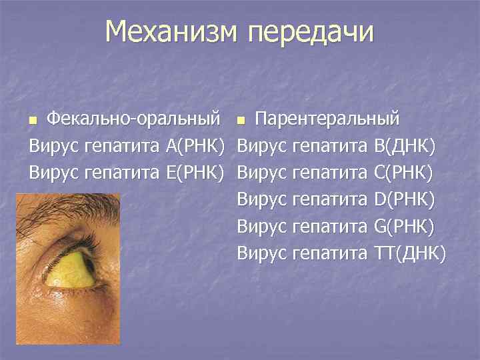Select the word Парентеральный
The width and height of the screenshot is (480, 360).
click(x=328, y=119)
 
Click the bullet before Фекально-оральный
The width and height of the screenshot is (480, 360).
click(x=32, y=121)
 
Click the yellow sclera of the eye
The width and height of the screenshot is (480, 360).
click(x=67, y=271)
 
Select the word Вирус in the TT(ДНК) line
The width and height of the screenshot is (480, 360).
click(x=262, y=252)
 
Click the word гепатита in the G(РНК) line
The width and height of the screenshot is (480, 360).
click(x=331, y=225)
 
